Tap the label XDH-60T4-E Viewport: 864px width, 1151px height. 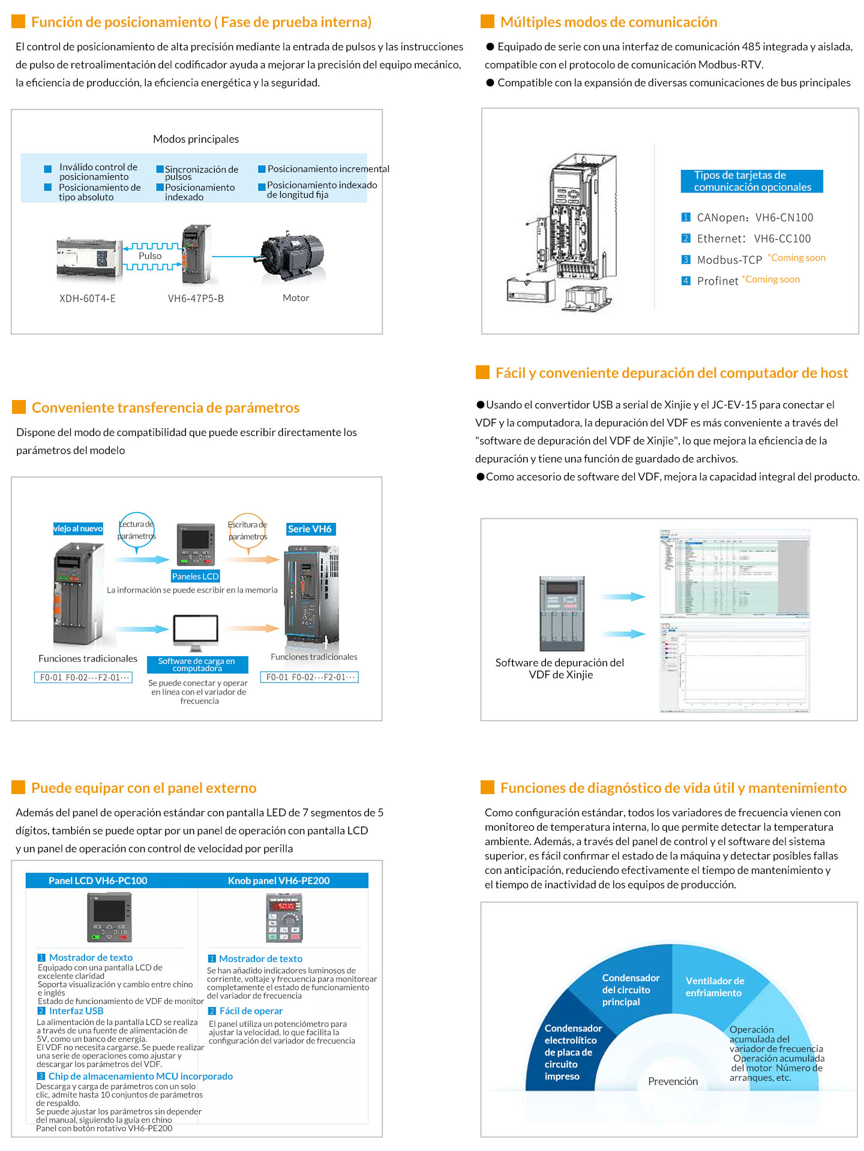coord(88,298)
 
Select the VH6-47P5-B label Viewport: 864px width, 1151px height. coord(196,298)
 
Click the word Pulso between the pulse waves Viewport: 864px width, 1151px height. coord(150,256)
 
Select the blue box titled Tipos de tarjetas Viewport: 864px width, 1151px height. coord(751,181)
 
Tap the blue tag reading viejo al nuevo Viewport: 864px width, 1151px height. coord(78,528)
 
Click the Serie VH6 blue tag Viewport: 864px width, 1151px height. coord(310,529)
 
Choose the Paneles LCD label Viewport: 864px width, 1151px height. coord(195,576)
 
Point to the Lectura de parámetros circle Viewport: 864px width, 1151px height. coord(137,530)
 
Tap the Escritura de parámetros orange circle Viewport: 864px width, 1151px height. coord(247,531)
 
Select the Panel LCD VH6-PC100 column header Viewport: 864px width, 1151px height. coord(98,880)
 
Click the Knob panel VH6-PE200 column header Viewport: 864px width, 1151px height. coord(278,880)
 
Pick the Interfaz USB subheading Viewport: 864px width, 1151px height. coord(76,1011)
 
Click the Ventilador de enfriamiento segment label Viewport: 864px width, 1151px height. coord(714,987)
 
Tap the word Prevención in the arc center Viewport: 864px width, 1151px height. coord(673,1081)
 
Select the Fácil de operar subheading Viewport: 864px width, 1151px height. coord(251,1011)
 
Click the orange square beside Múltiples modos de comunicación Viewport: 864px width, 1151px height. coord(487,22)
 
